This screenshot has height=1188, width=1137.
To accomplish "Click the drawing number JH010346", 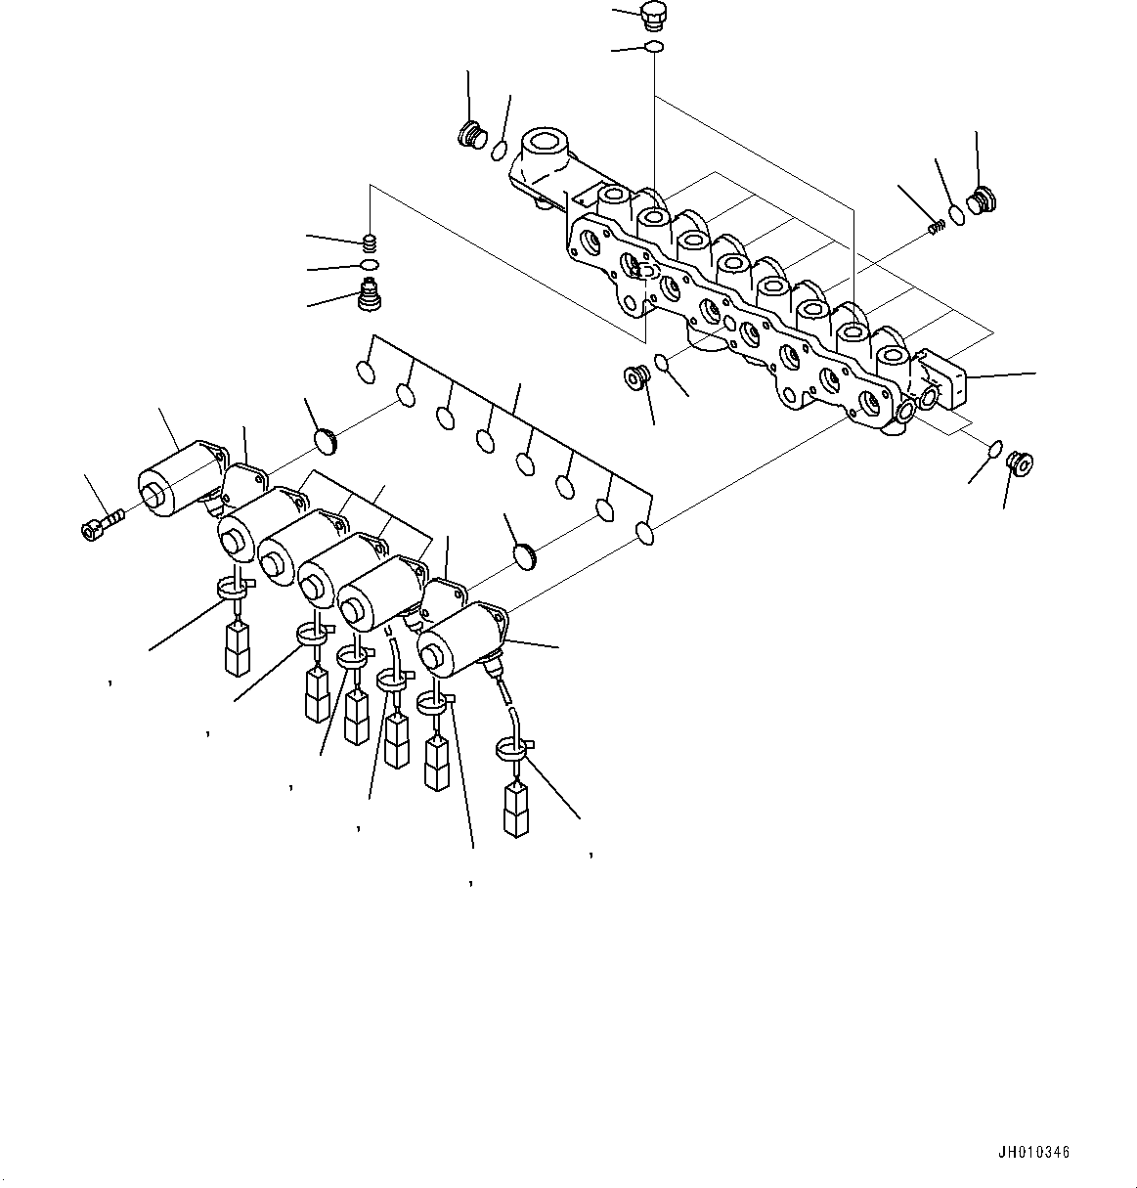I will (1034, 1153).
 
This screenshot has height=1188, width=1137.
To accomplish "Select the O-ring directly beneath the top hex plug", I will (653, 47).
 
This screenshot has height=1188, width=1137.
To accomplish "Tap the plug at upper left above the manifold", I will (472, 134).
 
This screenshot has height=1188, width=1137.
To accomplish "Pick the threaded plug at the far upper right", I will (979, 201).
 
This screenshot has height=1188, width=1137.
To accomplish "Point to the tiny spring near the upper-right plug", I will (935, 227).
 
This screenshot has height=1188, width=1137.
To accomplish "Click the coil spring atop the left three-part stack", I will (370, 242).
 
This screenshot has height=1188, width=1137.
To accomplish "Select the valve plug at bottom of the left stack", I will (370, 294).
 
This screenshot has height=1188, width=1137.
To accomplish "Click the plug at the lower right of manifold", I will (1021, 461).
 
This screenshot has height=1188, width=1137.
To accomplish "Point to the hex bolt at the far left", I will (93, 528).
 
